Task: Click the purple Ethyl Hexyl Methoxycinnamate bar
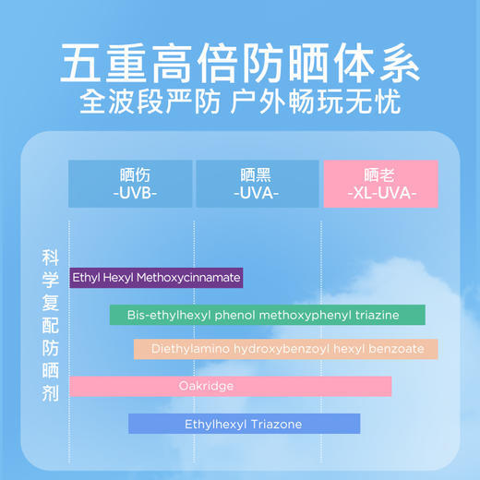tap(157, 277)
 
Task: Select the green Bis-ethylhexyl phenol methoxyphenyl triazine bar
tap(268, 315)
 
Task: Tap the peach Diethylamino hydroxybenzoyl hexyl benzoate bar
tap(285, 349)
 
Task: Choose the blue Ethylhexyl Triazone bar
tap(244, 424)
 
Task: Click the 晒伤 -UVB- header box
tap(130, 184)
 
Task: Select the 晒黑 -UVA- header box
tap(258, 184)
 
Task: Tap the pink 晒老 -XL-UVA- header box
tap(379, 184)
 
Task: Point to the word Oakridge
tap(206, 386)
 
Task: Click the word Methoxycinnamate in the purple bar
tap(195, 277)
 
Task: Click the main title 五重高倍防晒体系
tap(239, 63)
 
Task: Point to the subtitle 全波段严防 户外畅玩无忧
tap(239, 101)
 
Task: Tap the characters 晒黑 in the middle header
tap(258, 174)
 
